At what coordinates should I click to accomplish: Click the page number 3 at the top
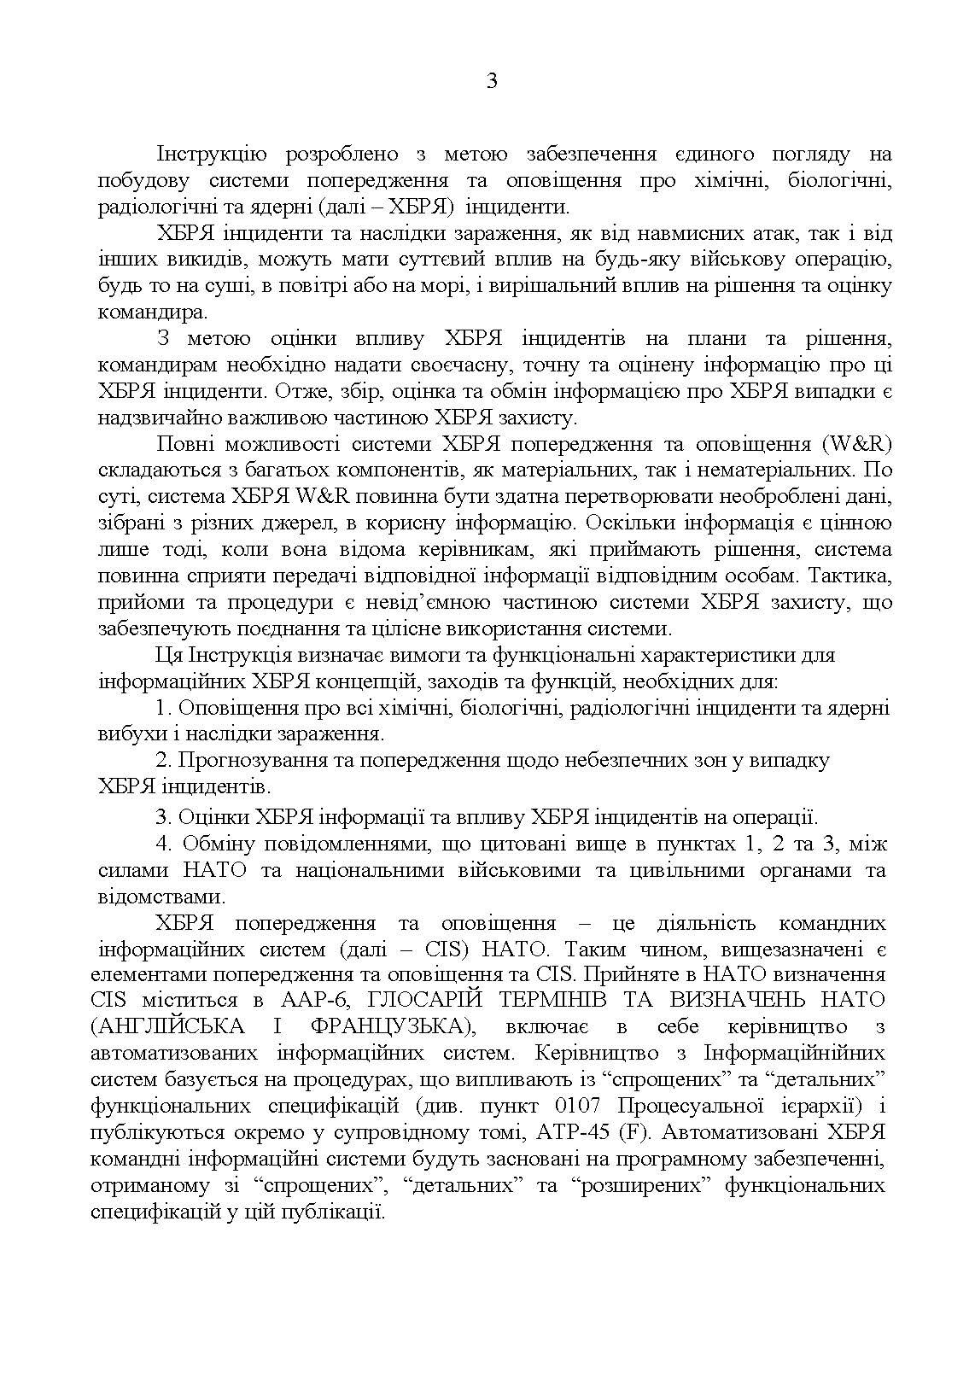(491, 82)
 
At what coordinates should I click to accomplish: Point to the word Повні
(184, 444)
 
